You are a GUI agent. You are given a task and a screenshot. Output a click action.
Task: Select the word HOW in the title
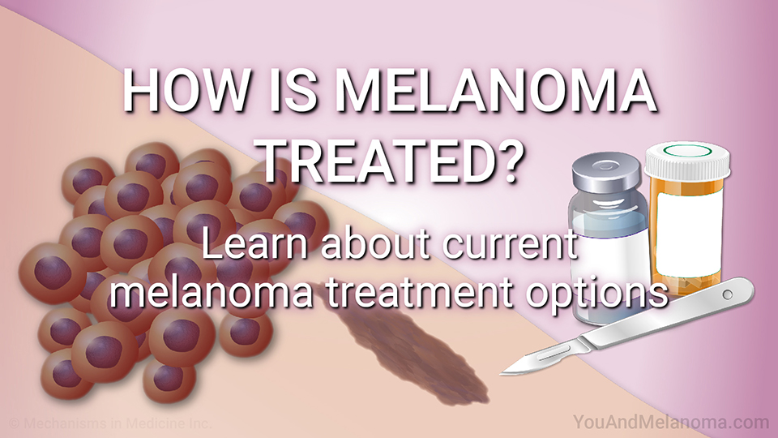[x=186, y=92]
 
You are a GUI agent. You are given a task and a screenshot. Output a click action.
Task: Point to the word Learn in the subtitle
[x=257, y=244]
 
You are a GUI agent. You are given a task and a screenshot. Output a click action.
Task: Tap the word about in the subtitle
[x=376, y=244]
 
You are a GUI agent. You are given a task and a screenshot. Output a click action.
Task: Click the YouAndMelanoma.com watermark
[x=671, y=422]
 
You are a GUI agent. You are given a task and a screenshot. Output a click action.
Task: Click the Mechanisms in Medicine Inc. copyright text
[x=111, y=423]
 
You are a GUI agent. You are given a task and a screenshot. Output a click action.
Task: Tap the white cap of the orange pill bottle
[x=687, y=161]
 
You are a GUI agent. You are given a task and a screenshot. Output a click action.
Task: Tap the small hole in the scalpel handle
[x=728, y=295]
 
